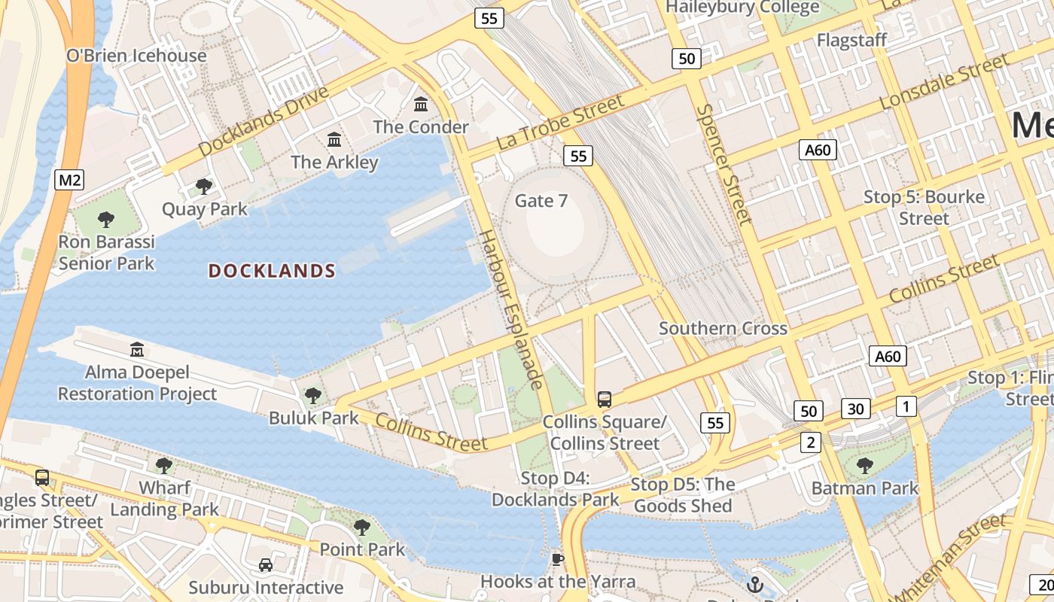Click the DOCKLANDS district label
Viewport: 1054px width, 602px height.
pyautogui.click(x=272, y=271)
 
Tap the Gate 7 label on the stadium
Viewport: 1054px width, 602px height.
pyautogui.click(x=541, y=201)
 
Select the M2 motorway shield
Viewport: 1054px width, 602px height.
pyautogui.click(x=69, y=180)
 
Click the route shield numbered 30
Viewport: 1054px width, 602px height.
pyautogui.click(x=855, y=409)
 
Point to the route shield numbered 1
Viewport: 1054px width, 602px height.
pyautogui.click(x=906, y=406)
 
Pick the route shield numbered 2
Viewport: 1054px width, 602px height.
pyautogui.click(x=810, y=442)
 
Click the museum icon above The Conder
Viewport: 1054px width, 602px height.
pyautogui.click(x=421, y=104)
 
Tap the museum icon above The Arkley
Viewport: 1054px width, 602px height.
pyautogui.click(x=334, y=139)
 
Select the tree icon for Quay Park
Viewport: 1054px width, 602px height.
pyautogui.click(x=203, y=186)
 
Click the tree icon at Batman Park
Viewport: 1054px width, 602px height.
pyautogui.click(x=864, y=466)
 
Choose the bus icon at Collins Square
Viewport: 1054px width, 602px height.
pyautogui.click(x=604, y=400)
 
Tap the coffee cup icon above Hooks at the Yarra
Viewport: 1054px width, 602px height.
pyautogui.click(x=557, y=558)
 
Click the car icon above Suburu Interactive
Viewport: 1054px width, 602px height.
pyautogui.click(x=266, y=564)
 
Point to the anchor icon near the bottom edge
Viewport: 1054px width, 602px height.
pyautogui.click(x=754, y=584)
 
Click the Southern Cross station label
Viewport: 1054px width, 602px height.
pyautogui.click(x=723, y=328)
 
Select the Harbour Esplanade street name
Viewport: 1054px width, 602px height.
pyautogui.click(x=511, y=309)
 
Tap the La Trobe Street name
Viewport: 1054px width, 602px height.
pyautogui.click(x=560, y=123)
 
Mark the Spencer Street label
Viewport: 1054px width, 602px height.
pyautogui.click(x=723, y=164)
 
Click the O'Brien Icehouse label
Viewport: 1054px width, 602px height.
pyautogui.click(x=136, y=56)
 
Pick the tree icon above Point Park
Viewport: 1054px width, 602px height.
pyautogui.click(x=362, y=527)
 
